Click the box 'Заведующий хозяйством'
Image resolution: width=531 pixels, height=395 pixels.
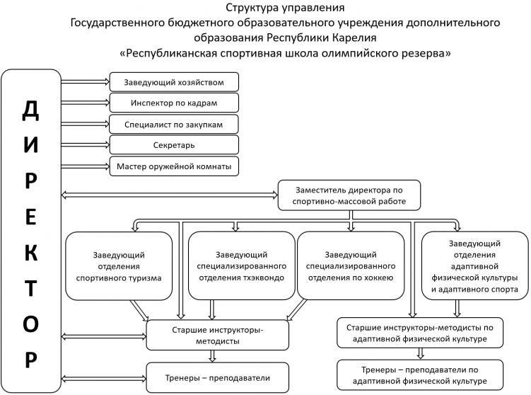click(x=173, y=82)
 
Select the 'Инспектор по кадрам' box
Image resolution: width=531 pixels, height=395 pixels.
click(x=173, y=103)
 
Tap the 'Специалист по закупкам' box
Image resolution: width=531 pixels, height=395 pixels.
click(x=173, y=125)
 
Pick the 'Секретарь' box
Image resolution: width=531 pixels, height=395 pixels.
click(x=173, y=145)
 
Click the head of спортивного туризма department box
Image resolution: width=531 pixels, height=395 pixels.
click(x=119, y=266)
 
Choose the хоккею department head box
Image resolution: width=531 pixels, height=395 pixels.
click(x=351, y=266)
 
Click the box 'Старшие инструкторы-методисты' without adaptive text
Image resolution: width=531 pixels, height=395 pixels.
click(x=217, y=335)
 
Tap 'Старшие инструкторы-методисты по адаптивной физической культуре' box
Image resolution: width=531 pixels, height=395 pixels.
click(x=420, y=333)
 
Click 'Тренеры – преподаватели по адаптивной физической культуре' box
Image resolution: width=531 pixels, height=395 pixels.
click(x=420, y=374)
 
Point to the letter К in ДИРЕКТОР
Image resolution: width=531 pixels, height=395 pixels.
click(x=30, y=253)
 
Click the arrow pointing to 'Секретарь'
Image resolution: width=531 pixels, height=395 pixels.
click(x=85, y=145)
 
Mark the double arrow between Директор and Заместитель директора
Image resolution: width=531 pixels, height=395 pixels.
click(x=170, y=193)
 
